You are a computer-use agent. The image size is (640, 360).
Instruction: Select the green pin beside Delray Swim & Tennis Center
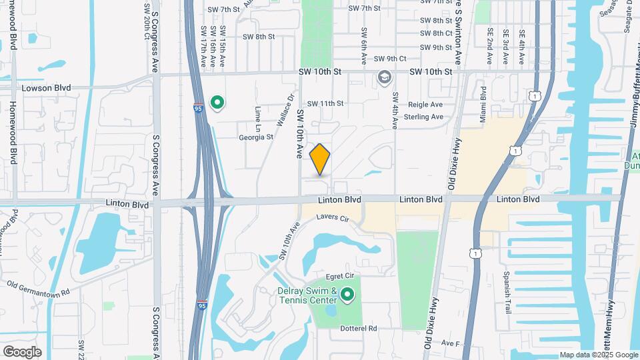[x=347, y=294]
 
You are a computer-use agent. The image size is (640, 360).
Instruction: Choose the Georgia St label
[x=256, y=137]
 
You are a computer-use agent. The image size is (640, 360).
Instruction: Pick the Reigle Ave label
[x=427, y=105]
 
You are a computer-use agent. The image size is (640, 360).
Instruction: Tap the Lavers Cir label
[x=333, y=218]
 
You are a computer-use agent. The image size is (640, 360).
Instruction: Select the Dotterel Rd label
[x=359, y=328]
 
